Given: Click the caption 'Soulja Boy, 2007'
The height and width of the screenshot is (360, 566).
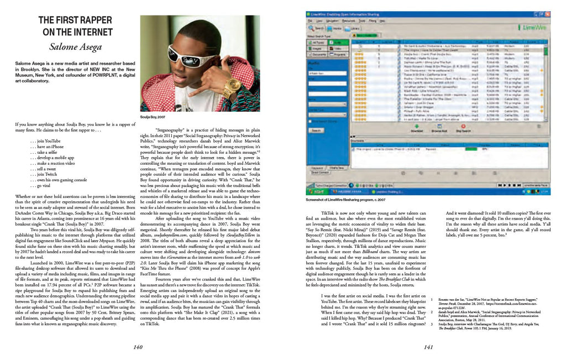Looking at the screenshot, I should pos(153,117).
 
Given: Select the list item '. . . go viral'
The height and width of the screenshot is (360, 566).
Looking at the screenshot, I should pos(43,186).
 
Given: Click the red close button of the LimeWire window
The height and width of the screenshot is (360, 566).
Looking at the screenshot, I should pos(547,13).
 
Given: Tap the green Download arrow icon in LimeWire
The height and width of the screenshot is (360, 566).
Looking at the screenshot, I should pos(417,127).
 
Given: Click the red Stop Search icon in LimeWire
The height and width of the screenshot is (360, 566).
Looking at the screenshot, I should pos(462,127).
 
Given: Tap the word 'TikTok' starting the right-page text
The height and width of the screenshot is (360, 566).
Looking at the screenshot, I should pos(329,213).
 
